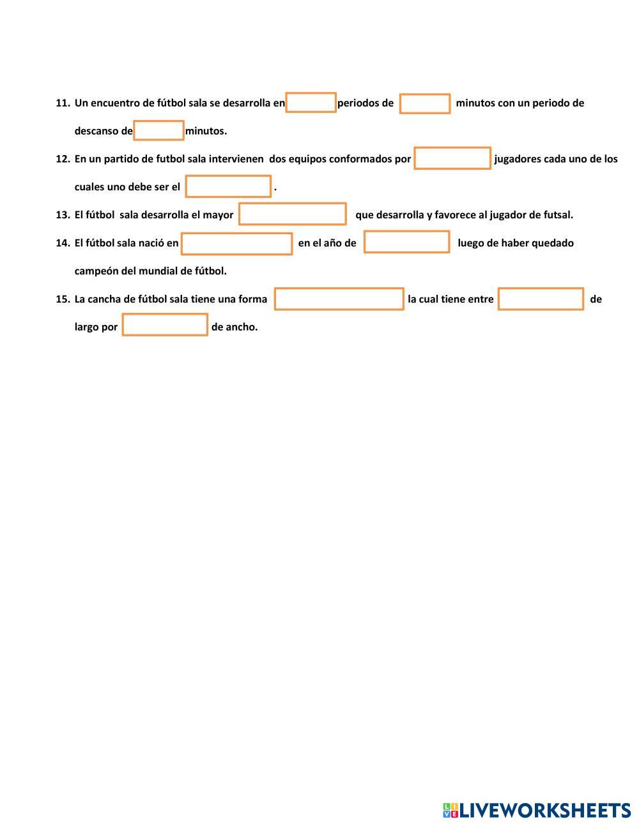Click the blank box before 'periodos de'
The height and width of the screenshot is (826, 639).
(311, 103)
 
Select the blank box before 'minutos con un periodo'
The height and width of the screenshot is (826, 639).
(425, 103)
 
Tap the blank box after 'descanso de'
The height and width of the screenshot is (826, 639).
(158, 130)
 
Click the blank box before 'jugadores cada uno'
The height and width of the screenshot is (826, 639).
(452, 158)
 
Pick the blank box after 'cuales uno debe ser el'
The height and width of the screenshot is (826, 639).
(228, 186)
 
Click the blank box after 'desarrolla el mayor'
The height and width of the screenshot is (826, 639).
(293, 214)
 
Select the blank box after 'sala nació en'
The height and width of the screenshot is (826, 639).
(237, 243)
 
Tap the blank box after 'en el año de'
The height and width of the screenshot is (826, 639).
(406, 243)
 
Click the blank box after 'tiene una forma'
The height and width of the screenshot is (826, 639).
(339, 299)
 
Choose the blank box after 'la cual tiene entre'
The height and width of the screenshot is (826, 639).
(541, 299)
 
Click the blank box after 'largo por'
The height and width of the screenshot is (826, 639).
(165, 325)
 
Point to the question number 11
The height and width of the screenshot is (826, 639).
(63, 103)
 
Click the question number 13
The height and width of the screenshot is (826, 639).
(63, 215)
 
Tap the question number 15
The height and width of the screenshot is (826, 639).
(63, 299)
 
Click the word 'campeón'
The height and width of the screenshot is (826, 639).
(96, 271)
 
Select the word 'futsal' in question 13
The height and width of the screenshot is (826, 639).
(557, 215)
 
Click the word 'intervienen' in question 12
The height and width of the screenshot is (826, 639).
(236, 159)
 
